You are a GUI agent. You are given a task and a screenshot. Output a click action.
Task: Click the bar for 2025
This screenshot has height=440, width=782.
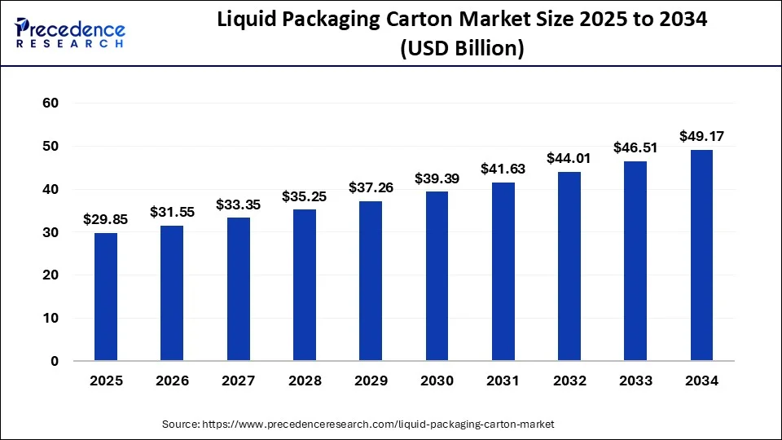pyautogui.click(x=106, y=297)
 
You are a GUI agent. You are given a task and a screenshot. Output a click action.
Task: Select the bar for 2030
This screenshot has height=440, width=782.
pyautogui.click(x=437, y=277)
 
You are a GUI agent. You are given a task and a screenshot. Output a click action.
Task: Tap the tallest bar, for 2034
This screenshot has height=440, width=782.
pyautogui.click(x=701, y=256)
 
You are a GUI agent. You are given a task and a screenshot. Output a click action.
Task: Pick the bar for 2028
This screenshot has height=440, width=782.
pyautogui.click(x=305, y=286)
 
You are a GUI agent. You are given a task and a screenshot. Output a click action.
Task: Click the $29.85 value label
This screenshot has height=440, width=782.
pyautogui.click(x=106, y=219)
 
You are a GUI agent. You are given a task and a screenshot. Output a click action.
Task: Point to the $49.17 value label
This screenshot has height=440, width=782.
pyautogui.click(x=701, y=136)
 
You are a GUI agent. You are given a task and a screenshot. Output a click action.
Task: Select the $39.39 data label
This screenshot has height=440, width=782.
pyautogui.click(x=437, y=178)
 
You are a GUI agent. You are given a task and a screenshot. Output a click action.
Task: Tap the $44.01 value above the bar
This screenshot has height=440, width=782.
pyautogui.click(x=569, y=158)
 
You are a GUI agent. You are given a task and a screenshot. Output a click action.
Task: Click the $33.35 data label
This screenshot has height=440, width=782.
pyautogui.click(x=239, y=205)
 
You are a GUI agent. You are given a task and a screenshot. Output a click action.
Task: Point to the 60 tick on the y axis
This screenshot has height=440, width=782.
pyautogui.click(x=50, y=103)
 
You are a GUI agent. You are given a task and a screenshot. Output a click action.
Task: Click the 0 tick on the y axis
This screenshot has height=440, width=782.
pyautogui.click(x=55, y=361)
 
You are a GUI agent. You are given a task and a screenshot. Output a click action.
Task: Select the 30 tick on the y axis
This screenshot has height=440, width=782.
pyautogui.click(x=50, y=232)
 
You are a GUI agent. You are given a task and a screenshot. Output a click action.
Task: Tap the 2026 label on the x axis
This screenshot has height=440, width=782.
pyautogui.click(x=172, y=381)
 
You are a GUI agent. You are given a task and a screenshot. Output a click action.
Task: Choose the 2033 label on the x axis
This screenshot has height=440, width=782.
pyautogui.click(x=635, y=381)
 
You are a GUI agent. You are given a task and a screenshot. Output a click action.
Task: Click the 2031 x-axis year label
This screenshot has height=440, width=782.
pyautogui.click(x=503, y=381)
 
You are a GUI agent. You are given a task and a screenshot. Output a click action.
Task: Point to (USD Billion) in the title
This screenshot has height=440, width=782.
pyautogui.click(x=461, y=49)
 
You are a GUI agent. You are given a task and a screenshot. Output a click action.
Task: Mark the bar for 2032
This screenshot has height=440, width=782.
pyautogui.click(x=569, y=266)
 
